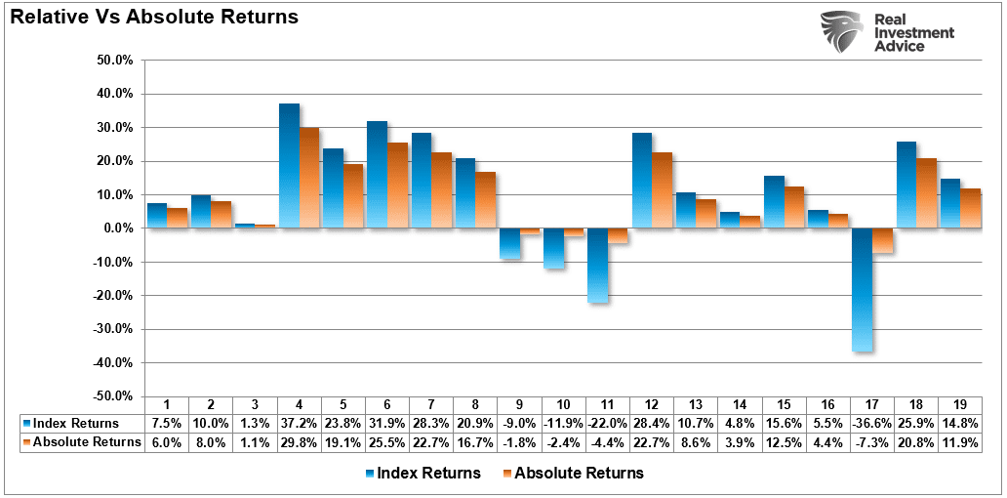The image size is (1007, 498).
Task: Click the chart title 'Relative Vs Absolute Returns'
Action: pos(154,18)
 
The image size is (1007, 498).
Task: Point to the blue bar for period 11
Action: pos(597,265)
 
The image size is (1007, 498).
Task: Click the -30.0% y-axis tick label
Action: pos(110,329)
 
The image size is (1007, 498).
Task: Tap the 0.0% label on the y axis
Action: pos(114,228)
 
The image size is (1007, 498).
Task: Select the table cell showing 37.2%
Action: pos(300,424)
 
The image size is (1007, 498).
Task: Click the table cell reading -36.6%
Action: pos(871,424)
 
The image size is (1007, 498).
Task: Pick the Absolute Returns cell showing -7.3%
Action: pos(871,441)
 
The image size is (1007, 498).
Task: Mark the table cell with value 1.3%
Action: pos(256,424)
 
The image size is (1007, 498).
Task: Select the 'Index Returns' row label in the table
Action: pos(75,424)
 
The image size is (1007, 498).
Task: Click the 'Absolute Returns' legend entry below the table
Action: pos(573,474)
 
